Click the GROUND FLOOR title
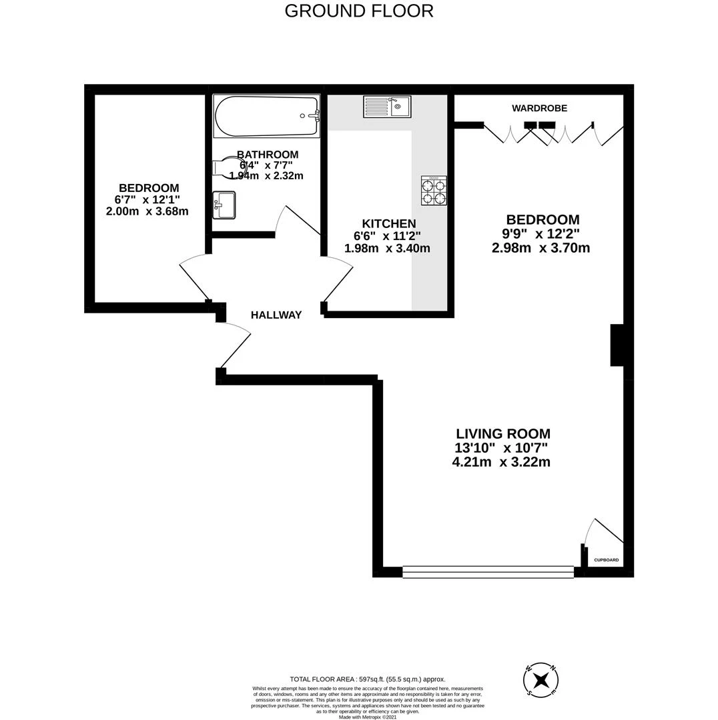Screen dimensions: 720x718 pos(359,11)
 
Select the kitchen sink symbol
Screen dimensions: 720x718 pos(387,107)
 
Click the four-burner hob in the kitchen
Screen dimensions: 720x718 pos(434,190)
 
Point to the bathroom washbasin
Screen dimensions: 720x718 pos(224,205)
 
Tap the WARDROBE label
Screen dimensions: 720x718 pos(539,108)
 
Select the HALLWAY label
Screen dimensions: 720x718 pos(276,315)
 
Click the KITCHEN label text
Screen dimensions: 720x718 pos(389,224)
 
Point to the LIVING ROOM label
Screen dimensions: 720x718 pos(503,434)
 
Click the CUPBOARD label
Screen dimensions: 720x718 pos(606,560)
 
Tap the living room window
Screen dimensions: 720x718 pos(488,571)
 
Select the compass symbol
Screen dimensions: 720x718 pos(541,681)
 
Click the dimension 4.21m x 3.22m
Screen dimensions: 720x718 pos(501,462)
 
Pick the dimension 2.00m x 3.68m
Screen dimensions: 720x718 pos(147,211)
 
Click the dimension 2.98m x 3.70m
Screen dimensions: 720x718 pos(541,248)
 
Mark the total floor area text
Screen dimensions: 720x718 pos(367,679)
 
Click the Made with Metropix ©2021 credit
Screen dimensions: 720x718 pos(368,717)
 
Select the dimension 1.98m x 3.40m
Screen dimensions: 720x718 pos(387,249)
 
